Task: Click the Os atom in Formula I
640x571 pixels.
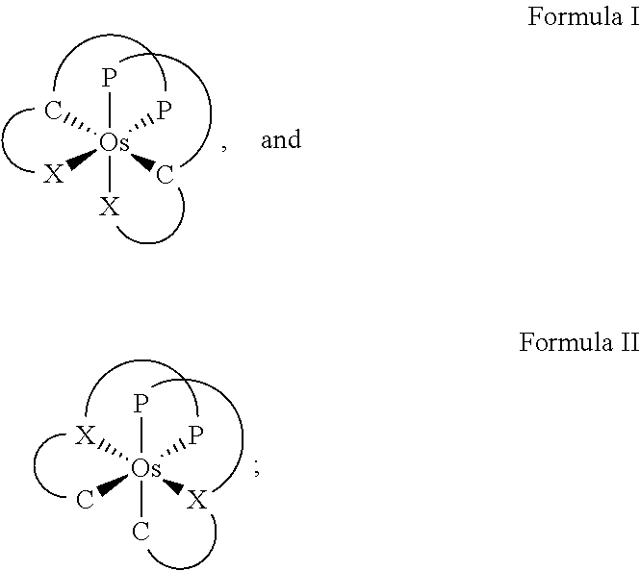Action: click(115, 143)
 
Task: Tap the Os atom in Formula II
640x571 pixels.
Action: click(146, 469)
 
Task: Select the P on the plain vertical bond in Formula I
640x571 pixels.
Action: click(109, 78)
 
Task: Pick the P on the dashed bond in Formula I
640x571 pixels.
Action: click(164, 110)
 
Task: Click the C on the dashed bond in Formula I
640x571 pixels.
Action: click(53, 111)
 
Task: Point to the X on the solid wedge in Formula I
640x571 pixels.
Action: click(54, 174)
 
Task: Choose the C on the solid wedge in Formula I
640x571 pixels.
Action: click(165, 175)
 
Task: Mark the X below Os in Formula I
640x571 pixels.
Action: click(110, 207)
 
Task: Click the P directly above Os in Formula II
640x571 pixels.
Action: click(141, 404)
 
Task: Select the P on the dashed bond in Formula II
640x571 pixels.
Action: click(196, 435)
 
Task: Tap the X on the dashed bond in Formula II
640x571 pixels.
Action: click(86, 435)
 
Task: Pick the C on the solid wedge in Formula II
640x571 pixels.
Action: click(86, 500)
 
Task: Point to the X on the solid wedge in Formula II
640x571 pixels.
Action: click(196, 500)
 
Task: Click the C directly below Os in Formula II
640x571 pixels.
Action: click(141, 532)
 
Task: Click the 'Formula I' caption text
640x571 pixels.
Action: click(583, 16)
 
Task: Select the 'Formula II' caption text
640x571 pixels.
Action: click(579, 342)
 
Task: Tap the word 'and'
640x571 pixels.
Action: click(281, 139)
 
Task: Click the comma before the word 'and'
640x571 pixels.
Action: click(224, 147)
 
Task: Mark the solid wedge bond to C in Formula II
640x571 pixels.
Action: click(113, 485)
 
